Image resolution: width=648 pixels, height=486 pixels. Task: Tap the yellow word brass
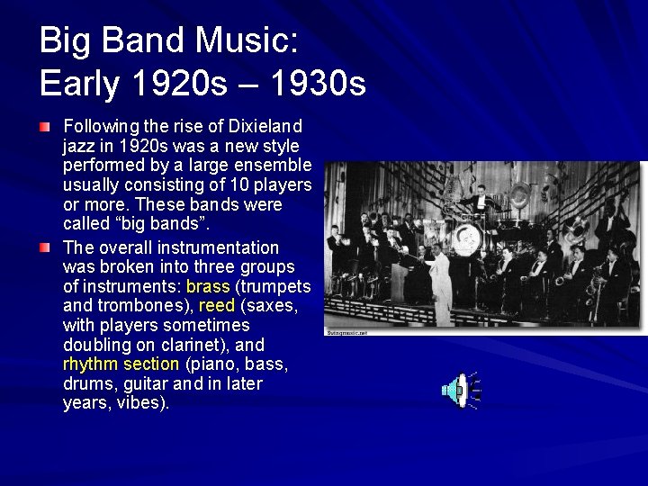207,286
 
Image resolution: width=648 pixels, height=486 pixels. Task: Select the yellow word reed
216,306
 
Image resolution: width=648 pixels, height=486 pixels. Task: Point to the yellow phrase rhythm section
121,364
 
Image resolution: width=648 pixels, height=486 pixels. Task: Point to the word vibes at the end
144,403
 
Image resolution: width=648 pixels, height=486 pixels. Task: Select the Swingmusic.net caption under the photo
347,332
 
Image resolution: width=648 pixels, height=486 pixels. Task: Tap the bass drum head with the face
467,239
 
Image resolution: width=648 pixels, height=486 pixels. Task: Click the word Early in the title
81,84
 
